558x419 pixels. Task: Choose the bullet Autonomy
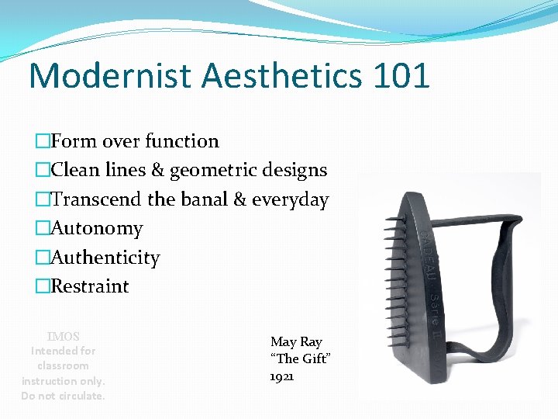[x=97, y=229]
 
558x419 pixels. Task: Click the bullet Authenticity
[x=105, y=258]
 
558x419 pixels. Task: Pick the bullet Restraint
[x=90, y=286]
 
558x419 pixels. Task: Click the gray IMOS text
[x=64, y=337]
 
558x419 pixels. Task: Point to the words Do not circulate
[x=63, y=396]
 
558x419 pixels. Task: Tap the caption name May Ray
[x=296, y=341]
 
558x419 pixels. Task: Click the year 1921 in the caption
[x=282, y=376]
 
